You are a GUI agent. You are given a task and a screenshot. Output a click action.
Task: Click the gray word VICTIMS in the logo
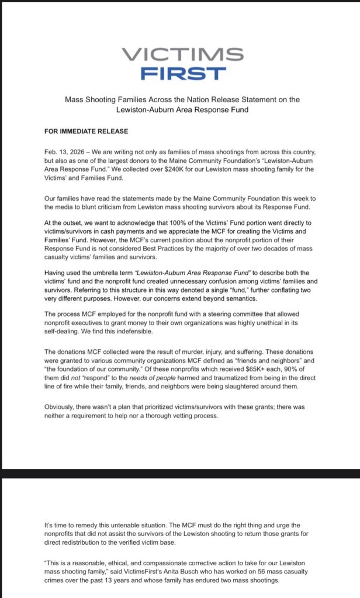click(x=183, y=54)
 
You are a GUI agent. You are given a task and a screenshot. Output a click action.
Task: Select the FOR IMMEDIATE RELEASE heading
click(x=86, y=131)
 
